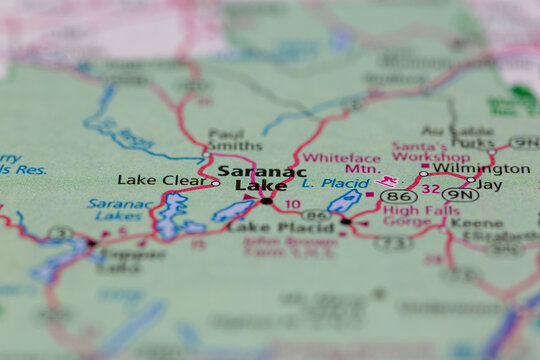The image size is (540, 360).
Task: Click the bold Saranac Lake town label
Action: (x=261, y=177)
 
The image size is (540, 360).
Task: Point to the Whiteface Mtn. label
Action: (x=341, y=164)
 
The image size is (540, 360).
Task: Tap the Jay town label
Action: (x=489, y=185)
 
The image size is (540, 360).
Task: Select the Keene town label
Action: (x=469, y=222)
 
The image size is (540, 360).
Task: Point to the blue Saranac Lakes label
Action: (x=120, y=209)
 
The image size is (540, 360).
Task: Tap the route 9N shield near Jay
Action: (x=460, y=195)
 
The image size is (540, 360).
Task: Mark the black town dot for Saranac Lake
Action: (x=266, y=201)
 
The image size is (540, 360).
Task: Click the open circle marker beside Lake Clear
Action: (x=216, y=182)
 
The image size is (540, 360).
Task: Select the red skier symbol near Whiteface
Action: (x=386, y=181)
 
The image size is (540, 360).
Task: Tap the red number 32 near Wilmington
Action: (x=430, y=188)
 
